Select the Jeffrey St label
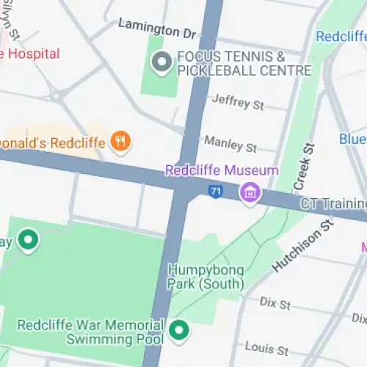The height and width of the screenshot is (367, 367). click(237, 103)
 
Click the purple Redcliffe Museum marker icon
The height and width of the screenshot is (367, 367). click(251, 193)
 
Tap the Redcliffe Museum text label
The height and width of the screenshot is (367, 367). click(222, 170)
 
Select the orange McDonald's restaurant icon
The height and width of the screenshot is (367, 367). click(120, 142)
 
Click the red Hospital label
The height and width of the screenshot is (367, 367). click(29, 54)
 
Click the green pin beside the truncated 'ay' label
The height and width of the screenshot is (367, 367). click(29, 240)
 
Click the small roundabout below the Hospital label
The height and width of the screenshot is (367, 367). click(56, 95)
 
